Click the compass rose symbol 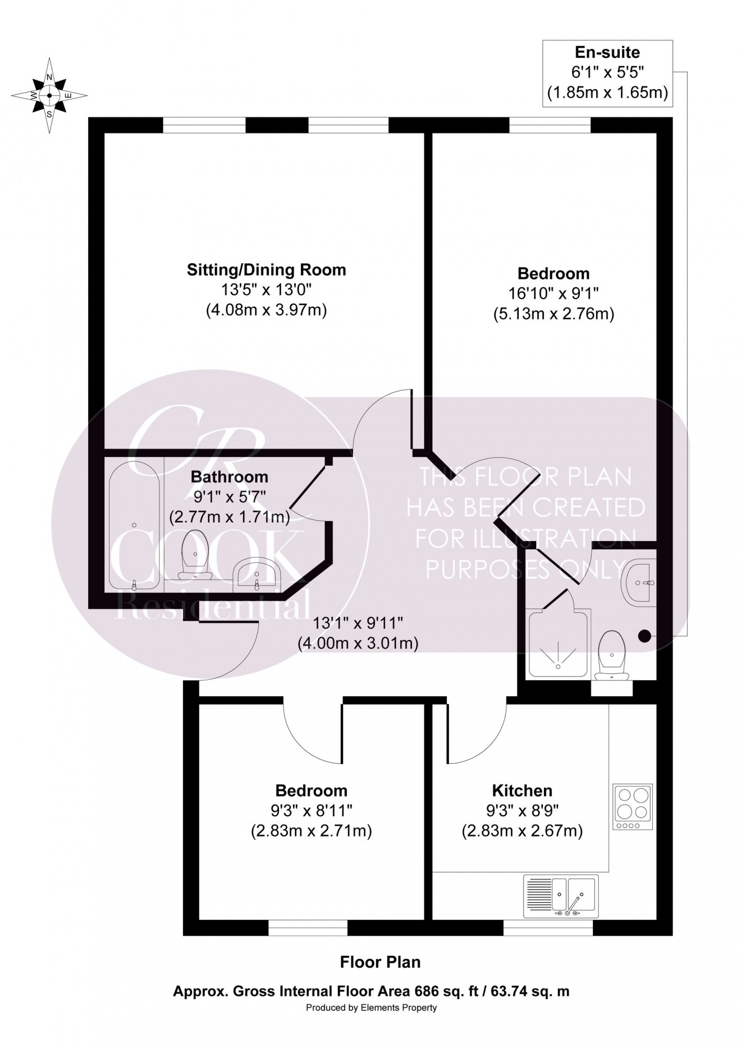coord(49,95)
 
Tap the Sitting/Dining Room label coord(266,270)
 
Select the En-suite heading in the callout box coord(607,53)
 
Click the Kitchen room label coord(522,791)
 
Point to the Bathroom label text coord(230,477)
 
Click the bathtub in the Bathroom coord(135,525)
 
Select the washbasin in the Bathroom coord(257,574)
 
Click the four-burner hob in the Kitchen coord(633,807)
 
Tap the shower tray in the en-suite coord(559,644)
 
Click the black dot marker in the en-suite coord(644,636)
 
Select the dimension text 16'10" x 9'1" coord(554,294)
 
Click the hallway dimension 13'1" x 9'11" coord(358,624)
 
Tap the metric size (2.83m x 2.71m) coord(312,830)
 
